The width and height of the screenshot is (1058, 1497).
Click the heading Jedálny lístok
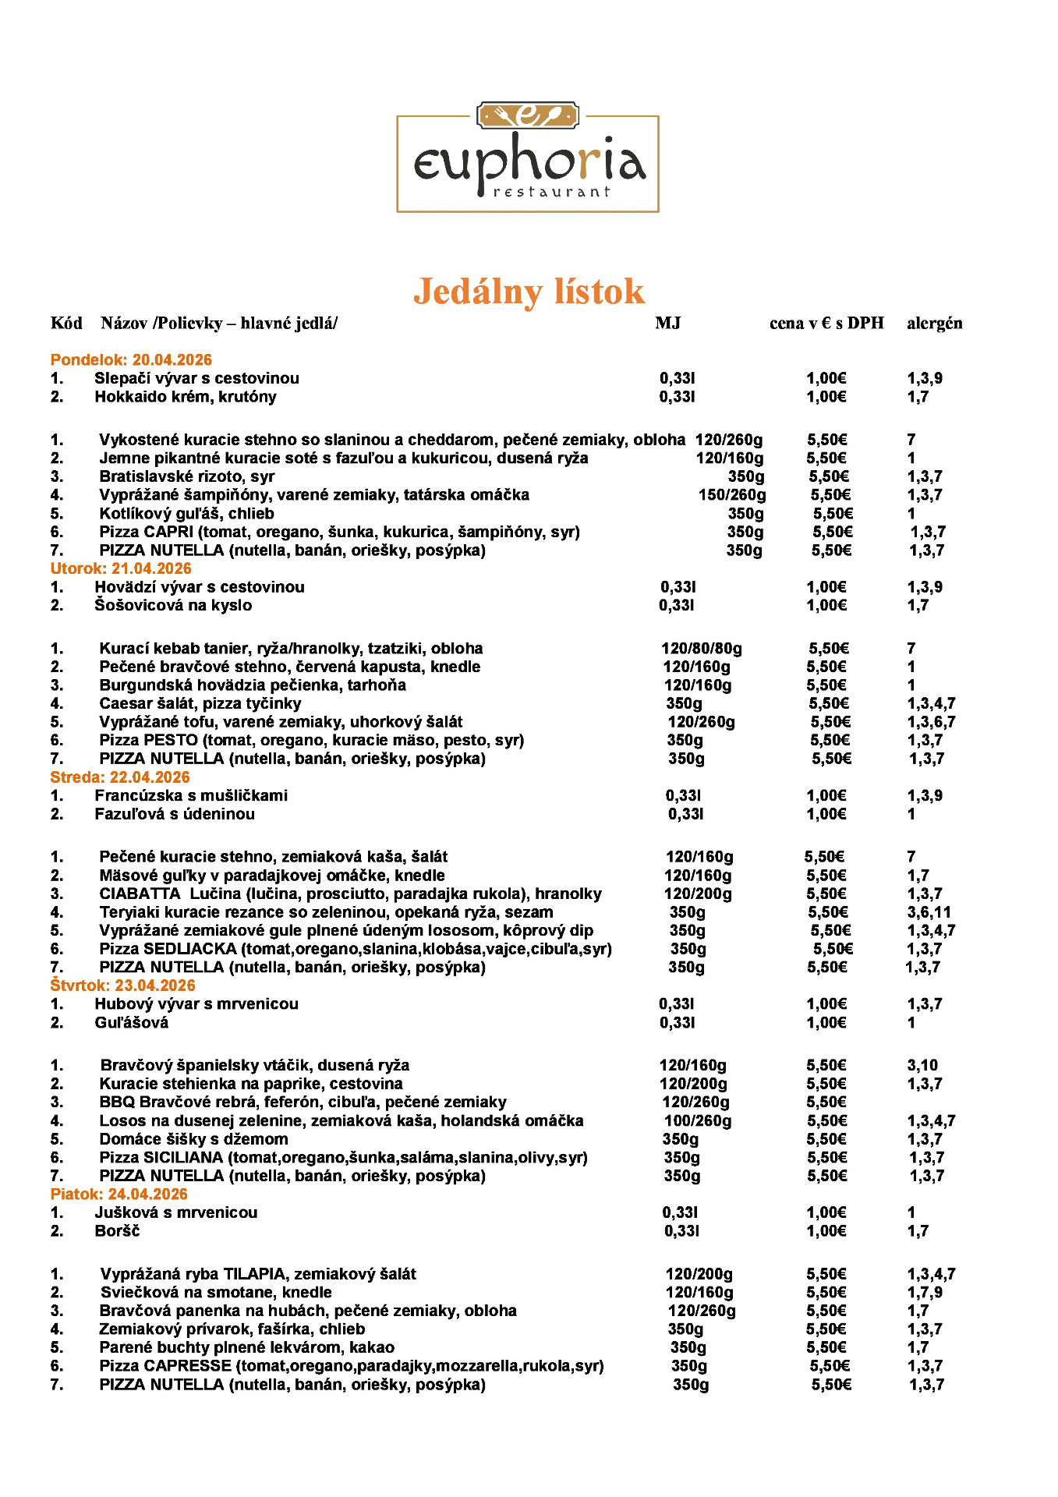(x=529, y=292)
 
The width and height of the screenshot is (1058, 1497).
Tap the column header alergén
(x=934, y=324)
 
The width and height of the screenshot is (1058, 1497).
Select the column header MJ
(x=667, y=324)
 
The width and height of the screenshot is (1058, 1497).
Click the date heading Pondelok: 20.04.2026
(x=131, y=360)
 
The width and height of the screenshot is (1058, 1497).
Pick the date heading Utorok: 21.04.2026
(x=121, y=569)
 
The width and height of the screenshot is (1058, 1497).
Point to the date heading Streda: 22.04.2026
(x=120, y=777)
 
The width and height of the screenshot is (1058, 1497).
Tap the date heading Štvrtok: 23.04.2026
(x=122, y=986)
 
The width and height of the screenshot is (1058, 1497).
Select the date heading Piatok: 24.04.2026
(x=119, y=1194)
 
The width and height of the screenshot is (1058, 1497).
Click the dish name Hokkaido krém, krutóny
(x=186, y=397)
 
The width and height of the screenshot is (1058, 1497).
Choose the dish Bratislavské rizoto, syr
(x=187, y=476)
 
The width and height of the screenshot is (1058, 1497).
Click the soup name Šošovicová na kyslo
(x=173, y=606)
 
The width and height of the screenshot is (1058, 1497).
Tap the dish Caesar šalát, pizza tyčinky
(x=200, y=703)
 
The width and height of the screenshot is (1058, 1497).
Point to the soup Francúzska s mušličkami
(x=191, y=796)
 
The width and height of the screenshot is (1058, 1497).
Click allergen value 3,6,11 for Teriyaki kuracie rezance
(x=929, y=912)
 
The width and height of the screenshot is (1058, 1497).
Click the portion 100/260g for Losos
(x=698, y=1121)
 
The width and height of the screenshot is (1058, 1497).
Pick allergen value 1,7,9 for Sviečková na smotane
(x=925, y=1293)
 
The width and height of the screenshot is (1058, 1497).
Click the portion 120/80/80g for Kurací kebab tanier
(x=702, y=649)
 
